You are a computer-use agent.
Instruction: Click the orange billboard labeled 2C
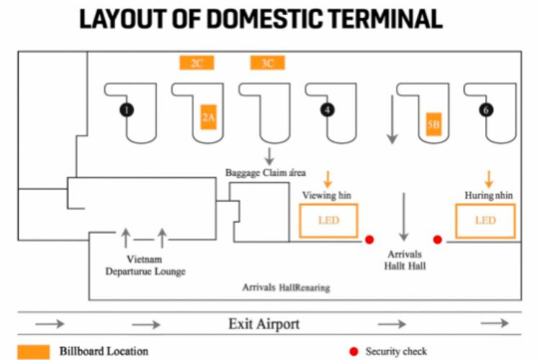197,63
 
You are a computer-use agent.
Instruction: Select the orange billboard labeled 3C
267,63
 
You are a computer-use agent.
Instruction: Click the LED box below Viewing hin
328,220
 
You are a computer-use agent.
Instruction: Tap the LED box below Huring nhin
485,220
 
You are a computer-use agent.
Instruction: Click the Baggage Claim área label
266,173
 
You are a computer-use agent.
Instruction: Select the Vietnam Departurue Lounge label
145,266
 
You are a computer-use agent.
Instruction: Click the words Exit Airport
264,324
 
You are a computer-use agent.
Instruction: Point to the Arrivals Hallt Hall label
404,260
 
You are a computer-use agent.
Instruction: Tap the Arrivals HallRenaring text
286,287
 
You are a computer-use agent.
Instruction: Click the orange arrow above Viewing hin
327,179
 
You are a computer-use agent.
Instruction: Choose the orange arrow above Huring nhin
488,179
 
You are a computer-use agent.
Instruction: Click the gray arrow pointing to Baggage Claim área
269,155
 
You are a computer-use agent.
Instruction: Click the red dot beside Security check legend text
353,351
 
